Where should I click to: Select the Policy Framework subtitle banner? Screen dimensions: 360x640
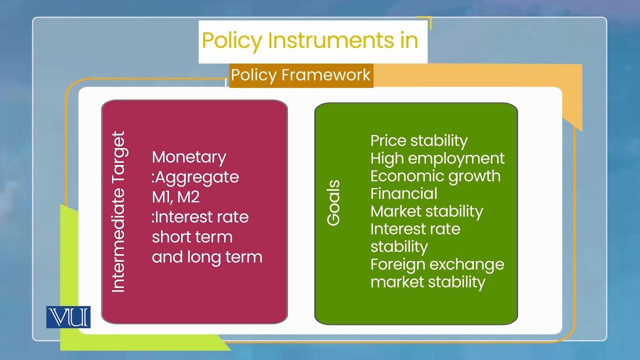point(300,75)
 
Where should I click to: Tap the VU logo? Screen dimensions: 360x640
point(68,317)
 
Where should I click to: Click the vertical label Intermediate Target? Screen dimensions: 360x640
point(118,212)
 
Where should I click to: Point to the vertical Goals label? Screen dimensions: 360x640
point(333,203)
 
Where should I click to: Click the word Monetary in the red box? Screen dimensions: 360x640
point(189,157)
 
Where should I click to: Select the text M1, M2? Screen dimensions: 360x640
point(175,197)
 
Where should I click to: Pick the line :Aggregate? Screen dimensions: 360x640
point(195,177)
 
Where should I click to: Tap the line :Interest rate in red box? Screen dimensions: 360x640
point(200,217)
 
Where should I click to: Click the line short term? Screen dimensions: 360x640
point(192,237)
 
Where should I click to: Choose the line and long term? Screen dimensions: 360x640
point(207,257)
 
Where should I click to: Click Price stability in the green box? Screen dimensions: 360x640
point(418,140)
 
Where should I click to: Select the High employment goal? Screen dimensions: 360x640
point(437,158)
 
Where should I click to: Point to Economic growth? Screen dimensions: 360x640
point(435,176)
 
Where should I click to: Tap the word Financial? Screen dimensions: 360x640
point(403,193)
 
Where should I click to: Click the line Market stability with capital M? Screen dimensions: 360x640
point(426,211)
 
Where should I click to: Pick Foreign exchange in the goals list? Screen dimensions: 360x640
point(437,264)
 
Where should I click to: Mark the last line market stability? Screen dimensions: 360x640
point(427,281)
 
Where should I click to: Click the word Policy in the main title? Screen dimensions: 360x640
point(231,40)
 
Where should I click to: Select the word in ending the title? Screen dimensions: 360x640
point(408,40)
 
